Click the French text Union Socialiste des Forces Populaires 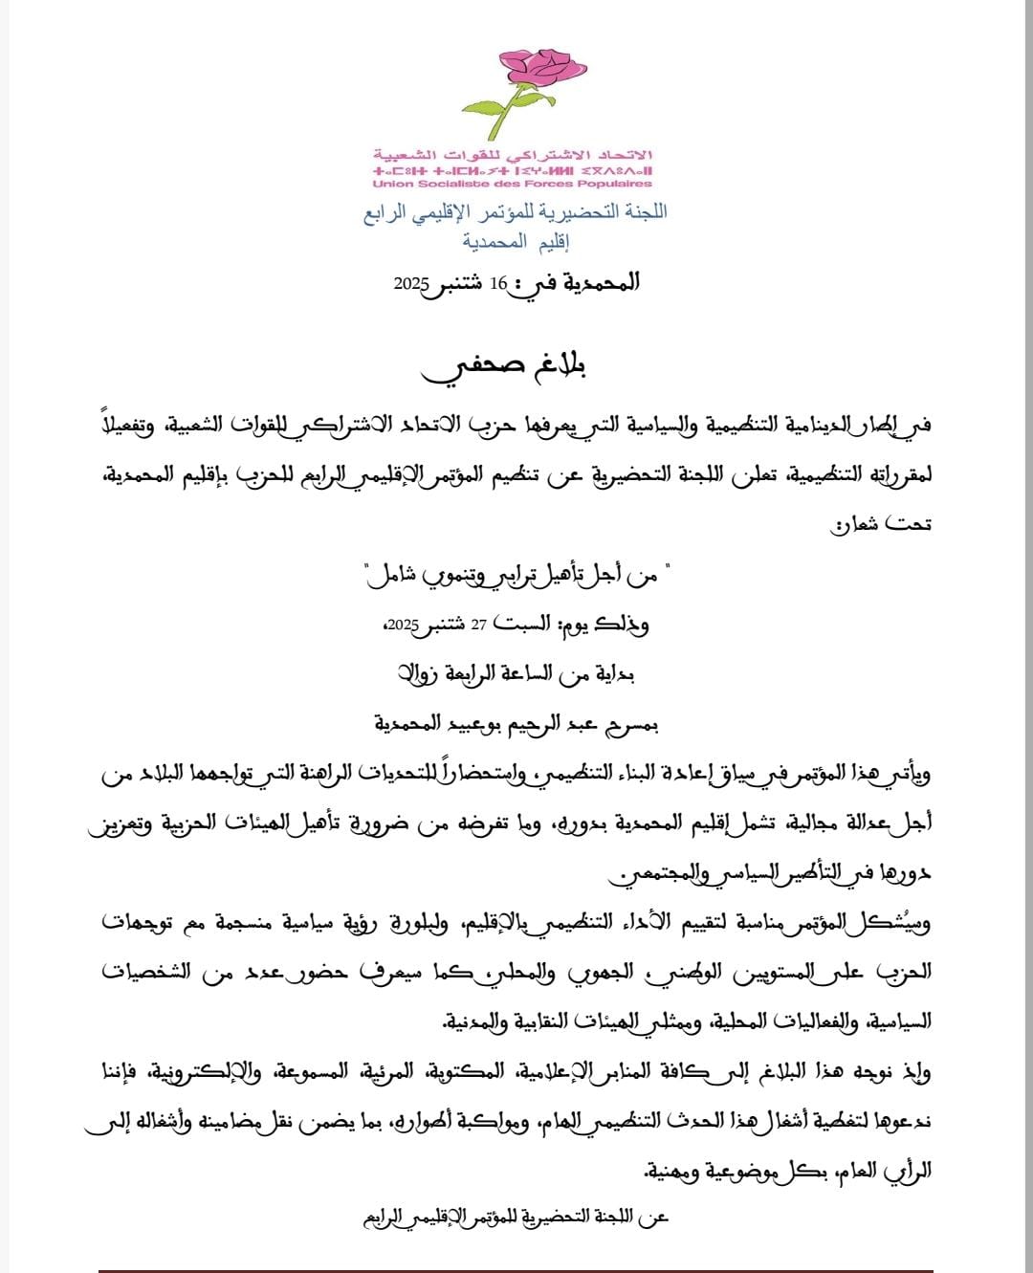click(x=513, y=184)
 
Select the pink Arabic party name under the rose click(x=513, y=155)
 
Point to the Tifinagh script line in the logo click(x=513, y=170)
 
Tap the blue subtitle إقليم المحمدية click(x=516, y=241)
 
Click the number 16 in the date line click(x=497, y=283)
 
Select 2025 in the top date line click(x=412, y=285)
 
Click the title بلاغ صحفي click(x=516, y=368)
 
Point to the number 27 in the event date click(x=477, y=625)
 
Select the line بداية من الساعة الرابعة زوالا click(x=516, y=673)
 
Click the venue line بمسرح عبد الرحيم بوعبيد click(x=516, y=723)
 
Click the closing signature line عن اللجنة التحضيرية click(x=516, y=1218)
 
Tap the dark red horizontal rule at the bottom click(x=516, y=1269)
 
